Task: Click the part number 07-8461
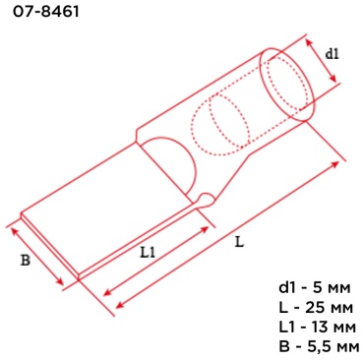click(46, 12)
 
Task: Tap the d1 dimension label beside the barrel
click(332, 54)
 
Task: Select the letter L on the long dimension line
click(240, 242)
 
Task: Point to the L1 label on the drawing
click(148, 252)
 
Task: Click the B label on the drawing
click(26, 260)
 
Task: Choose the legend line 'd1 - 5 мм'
click(315, 287)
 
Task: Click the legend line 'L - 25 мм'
click(316, 308)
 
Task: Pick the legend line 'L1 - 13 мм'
click(317, 328)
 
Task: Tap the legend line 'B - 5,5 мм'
click(319, 347)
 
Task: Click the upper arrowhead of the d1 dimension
click(308, 42)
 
